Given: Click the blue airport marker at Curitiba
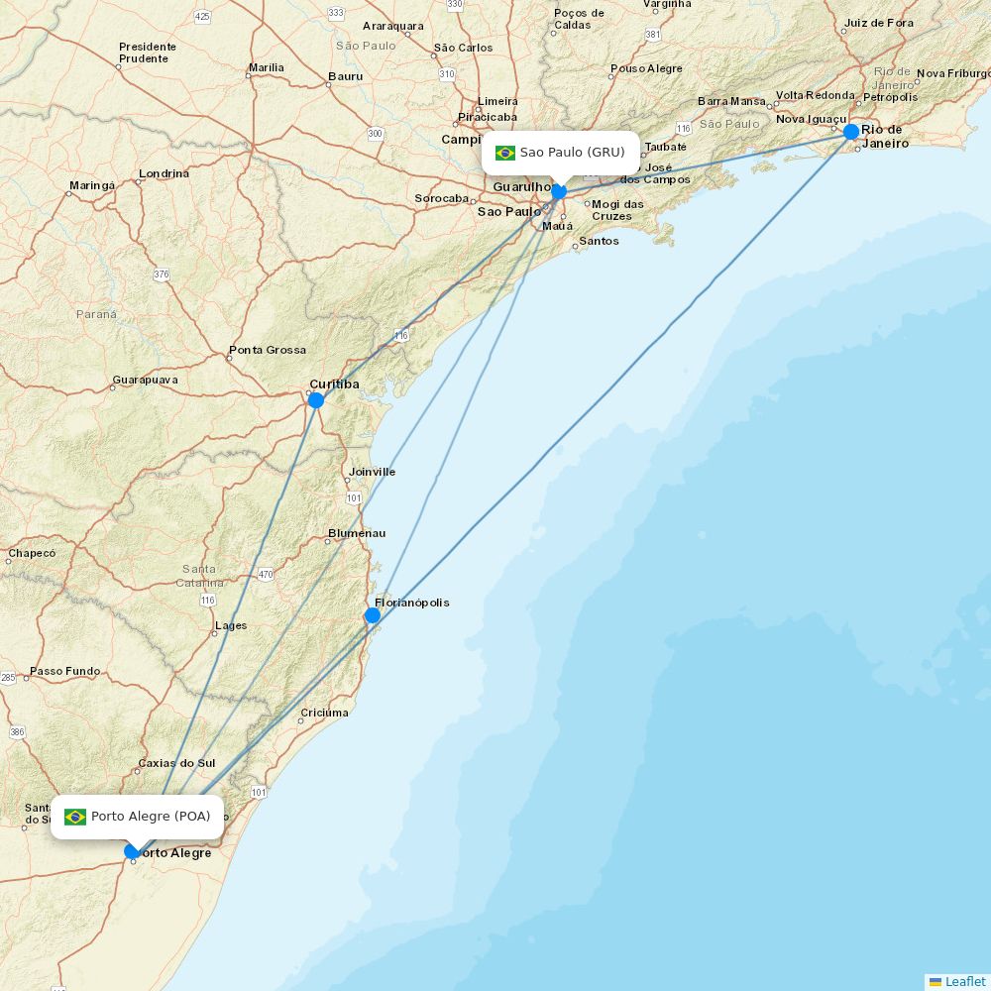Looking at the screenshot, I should [x=316, y=400].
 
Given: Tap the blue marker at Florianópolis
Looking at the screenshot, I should [x=373, y=615].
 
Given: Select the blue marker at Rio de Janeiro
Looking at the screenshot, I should [x=851, y=132].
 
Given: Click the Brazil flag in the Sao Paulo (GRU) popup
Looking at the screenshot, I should [x=505, y=153].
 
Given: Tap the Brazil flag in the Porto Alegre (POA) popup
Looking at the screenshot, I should [x=75, y=817].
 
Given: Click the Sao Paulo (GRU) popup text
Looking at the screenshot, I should [x=573, y=153].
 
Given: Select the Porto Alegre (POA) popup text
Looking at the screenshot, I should [x=151, y=817].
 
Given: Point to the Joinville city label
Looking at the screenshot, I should [x=373, y=472].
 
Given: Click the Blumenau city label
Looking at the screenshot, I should [x=357, y=533].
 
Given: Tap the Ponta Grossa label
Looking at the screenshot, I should [x=268, y=350].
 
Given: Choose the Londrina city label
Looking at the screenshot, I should [x=165, y=173].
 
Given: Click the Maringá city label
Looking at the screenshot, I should [x=92, y=185].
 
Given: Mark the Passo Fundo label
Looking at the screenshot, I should [x=65, y=671].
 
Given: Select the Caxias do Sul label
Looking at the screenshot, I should [x=176, y=763].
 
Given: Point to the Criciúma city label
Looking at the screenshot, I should [x=325, y=713].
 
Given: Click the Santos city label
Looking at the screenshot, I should [x=599, y=241].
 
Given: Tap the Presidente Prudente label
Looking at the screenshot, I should [x=148, y=53].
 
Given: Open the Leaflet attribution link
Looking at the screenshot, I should [x=964, y=981].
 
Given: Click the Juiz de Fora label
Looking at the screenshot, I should [x=879, y=23].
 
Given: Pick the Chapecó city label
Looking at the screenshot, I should [x=32, y=553].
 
